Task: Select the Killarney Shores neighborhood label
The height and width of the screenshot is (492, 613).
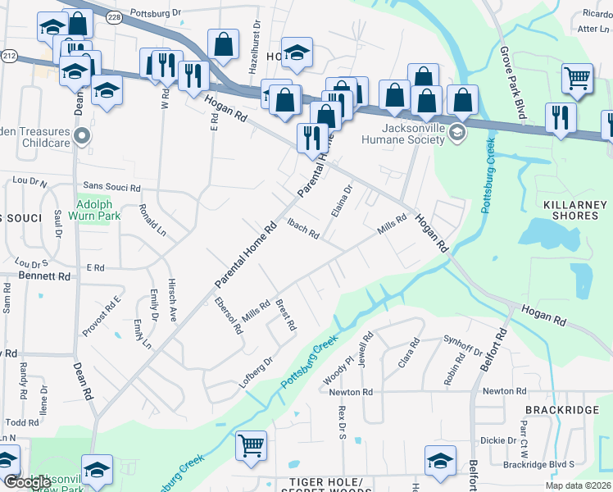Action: click(570, 209)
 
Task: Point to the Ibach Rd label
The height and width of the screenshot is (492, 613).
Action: click(302, 227)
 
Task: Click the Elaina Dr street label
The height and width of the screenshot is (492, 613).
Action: click(341, 201)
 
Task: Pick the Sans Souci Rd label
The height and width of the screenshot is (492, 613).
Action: click(111, 187)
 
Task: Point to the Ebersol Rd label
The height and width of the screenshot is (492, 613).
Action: click(228, 314)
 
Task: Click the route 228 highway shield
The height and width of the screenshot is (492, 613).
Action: click(115, 16)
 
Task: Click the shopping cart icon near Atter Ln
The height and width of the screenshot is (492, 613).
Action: click(578, 79)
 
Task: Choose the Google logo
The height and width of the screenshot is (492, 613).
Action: click(26, 482)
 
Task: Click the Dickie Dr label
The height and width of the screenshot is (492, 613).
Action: click(498, 440)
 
